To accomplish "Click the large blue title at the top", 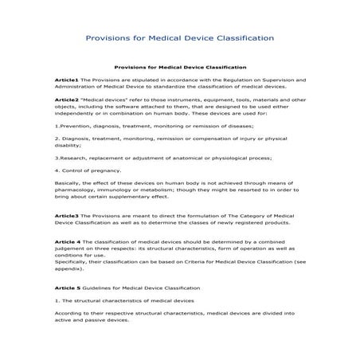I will [180, 37].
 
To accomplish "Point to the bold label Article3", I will [66, 216].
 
